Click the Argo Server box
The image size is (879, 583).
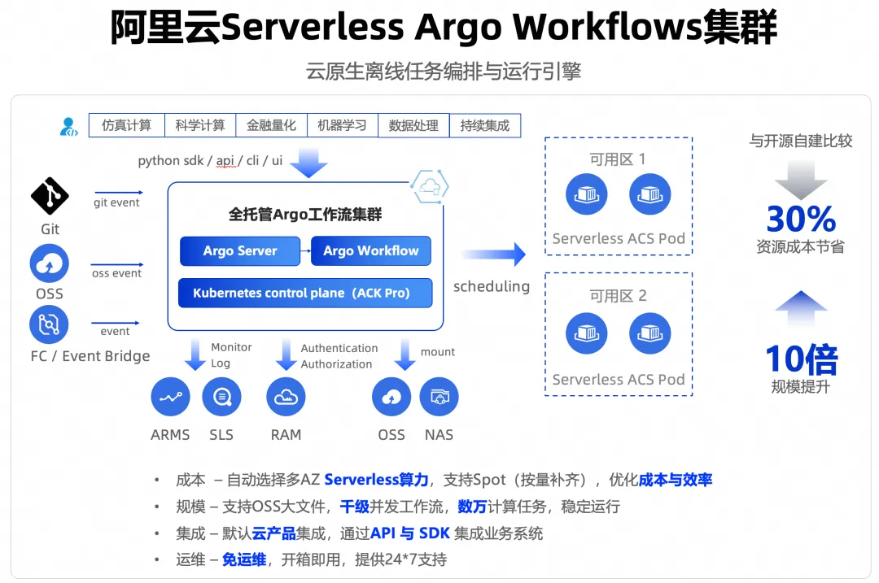click(240, 251)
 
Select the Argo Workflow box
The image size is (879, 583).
click(371, 251)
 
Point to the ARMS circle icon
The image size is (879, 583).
click(170, 398)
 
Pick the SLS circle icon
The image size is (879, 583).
click(221, 398)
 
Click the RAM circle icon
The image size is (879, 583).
click(286, 398)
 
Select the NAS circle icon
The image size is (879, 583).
click(439, 398)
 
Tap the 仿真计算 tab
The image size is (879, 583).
click(126, 125)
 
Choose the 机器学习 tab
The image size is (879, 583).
click(342, 125)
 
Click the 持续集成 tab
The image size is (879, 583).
click(485, 125)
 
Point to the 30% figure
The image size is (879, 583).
click(801, 219)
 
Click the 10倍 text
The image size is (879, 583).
click(801, 359)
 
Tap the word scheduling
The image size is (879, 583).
click(492, 286)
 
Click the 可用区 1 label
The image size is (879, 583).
click(618, 159)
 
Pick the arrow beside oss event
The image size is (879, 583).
click(118, 264)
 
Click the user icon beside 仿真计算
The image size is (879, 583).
click(68, 126)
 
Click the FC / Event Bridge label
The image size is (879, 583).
click(90, 356)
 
